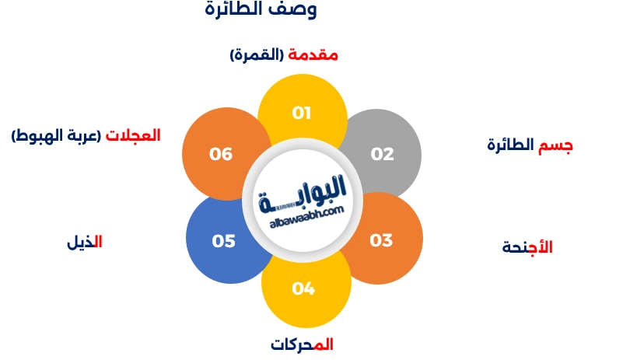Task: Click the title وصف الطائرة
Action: (261, 10)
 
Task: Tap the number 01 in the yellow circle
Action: (302, 113)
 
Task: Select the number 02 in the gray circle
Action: (382, 154)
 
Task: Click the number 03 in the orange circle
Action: (381, 240)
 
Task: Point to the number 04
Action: (303, 289)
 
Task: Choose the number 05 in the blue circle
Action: (223, 241)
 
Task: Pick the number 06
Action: (221, 154)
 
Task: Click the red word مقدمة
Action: (313, 55)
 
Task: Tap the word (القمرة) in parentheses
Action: (257, 55)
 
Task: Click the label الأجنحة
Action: (527, 248)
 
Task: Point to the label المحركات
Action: (302, 344)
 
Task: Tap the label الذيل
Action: (85, 242)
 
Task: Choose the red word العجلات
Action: (133, 135)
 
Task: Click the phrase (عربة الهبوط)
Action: (56, 135)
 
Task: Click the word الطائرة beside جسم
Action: (512, 145)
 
